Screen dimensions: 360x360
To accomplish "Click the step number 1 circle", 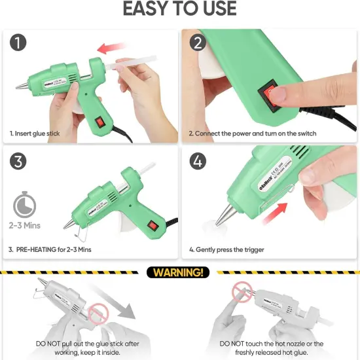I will point(18,43).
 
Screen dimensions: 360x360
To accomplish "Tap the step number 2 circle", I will point(198,43).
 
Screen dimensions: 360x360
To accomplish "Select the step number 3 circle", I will point(18,160).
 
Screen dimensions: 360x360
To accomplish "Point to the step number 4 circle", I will point(198,160).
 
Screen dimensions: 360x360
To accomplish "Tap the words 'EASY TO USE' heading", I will point(179,9).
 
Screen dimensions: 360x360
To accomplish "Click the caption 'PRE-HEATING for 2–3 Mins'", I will point(54,249).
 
